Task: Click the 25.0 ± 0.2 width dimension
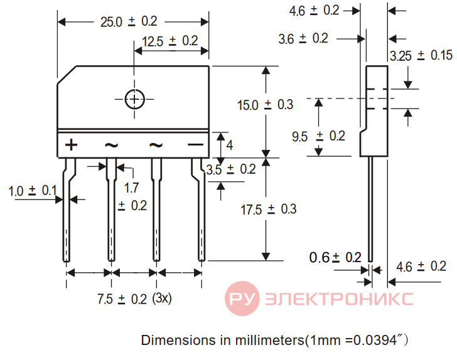(x=129, y=22)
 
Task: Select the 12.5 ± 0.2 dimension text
(x=170, y=41)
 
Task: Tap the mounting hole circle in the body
(x=134, y=99)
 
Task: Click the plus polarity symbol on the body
(x=71, y=145)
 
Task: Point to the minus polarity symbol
(x=196, y=144)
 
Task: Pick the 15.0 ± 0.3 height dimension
(x=265, y=105)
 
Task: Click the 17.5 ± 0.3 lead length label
(x=269, y=209)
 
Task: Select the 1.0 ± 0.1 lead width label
(x=33, y=191)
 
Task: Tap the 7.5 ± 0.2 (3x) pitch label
(x=134, y=299)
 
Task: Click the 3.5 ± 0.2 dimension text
(x=231, y=169)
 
